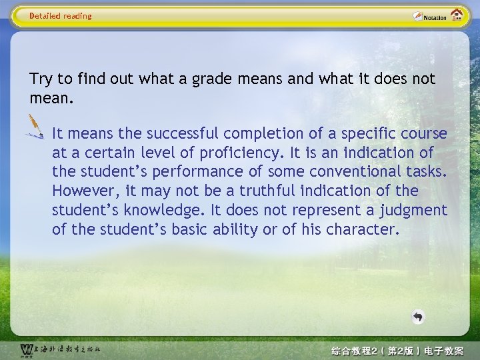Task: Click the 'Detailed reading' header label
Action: pyautogui.click(x=61, y=16)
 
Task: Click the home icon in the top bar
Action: pyautogui.click(x=457, y=15)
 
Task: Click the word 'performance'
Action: pyautogui.click(x=176, y=171)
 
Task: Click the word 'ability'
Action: pyautogui.click(x=253, y=229)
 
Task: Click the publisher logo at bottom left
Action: pyautogui.click(x=60, y=349)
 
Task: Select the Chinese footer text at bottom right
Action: pyautogui.click(x=397, y=350)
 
